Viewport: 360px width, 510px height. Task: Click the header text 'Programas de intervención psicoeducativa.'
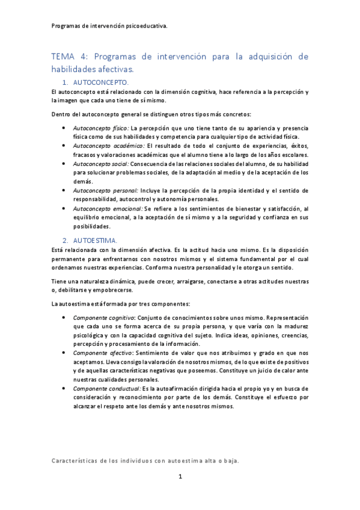tap(110, 26)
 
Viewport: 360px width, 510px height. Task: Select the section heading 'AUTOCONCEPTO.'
tap(100, 82)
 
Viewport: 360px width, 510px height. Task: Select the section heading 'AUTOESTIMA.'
tap(95, 240)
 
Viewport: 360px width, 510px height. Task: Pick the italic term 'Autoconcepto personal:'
tap(106, 189)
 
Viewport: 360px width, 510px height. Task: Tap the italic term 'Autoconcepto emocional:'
tap(108, 207)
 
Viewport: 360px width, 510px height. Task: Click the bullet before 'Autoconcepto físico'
tap(64, 129)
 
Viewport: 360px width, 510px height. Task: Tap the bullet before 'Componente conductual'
tap(64, 389)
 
